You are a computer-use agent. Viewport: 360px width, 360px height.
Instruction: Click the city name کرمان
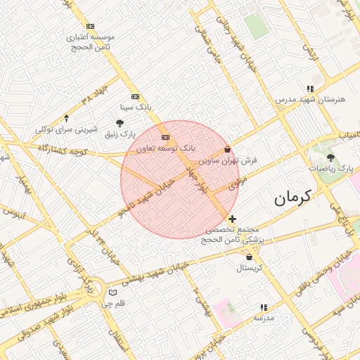[x=292, y=198]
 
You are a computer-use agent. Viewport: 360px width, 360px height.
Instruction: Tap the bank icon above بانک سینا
[x=135, y=96]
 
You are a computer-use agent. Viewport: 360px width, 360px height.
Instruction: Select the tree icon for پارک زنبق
[x=120, y=123]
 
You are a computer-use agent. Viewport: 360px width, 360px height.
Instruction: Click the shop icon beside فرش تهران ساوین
[x=227, y=149]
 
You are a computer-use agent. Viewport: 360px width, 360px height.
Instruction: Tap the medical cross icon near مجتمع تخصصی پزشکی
[x=233, y=219]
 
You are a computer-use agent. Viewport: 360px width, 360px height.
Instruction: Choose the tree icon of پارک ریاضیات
[x=330, y=157]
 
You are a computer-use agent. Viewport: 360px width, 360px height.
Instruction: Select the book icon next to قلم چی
[x=113, y=292]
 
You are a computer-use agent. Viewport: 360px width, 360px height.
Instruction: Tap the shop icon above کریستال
[x=250, y=257]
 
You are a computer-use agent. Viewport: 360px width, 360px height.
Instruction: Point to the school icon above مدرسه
[x=264, y=307]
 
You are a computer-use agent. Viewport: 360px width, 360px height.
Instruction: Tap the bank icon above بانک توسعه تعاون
[x=165, y=137]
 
